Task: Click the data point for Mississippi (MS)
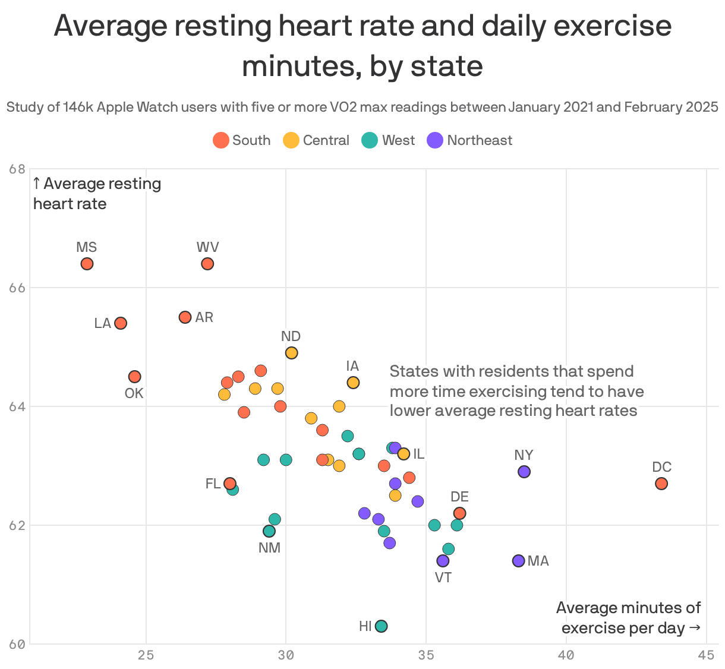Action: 87,264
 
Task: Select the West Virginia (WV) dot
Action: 207,264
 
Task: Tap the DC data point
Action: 661,484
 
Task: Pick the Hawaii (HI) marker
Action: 382,626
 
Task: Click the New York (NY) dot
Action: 524,472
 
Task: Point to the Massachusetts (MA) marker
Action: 518,561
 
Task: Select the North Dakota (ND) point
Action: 291,353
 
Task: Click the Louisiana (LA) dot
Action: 121,323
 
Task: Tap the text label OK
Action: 134,393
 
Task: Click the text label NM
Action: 269,548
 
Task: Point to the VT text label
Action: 443,578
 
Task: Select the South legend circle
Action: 221,141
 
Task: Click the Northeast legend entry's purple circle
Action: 436,141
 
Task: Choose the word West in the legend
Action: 398,141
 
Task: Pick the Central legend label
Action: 326,141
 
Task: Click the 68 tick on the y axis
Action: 18,169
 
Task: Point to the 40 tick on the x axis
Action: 566,655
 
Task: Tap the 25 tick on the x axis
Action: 146,655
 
